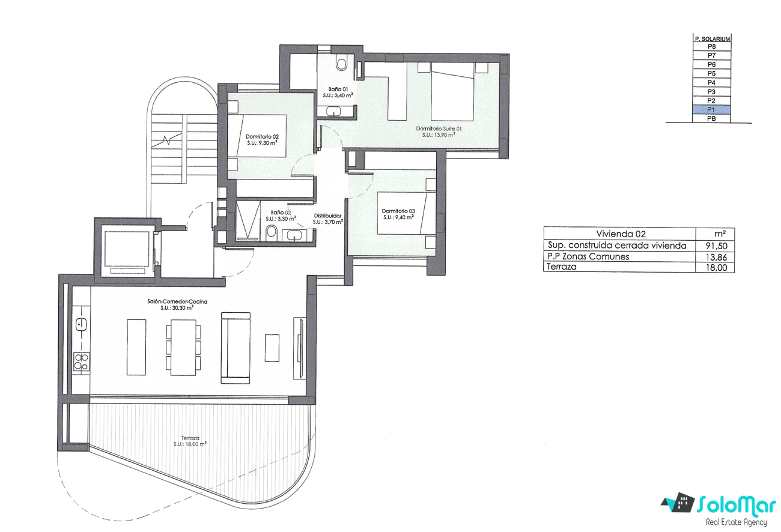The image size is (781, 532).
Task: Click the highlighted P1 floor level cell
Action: [711, 110]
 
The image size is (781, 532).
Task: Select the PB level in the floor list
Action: [711, 119]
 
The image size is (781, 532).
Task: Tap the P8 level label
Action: [712, 46]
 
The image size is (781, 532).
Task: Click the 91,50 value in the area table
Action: [717, 246]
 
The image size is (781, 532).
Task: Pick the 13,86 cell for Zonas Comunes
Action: [717, 257]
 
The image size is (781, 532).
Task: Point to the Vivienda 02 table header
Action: [621, 234]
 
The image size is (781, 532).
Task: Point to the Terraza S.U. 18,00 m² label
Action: [190, 441]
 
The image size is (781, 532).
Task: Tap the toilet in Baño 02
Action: [271, 232]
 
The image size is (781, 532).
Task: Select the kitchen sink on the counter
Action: [81, 325]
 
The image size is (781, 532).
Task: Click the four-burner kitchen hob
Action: [81, 361]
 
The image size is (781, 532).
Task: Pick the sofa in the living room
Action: [236, 348]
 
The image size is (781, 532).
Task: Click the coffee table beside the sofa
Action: [272, 348]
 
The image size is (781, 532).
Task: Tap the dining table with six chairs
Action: [183, 347]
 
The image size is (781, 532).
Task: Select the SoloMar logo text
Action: [736, 505]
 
